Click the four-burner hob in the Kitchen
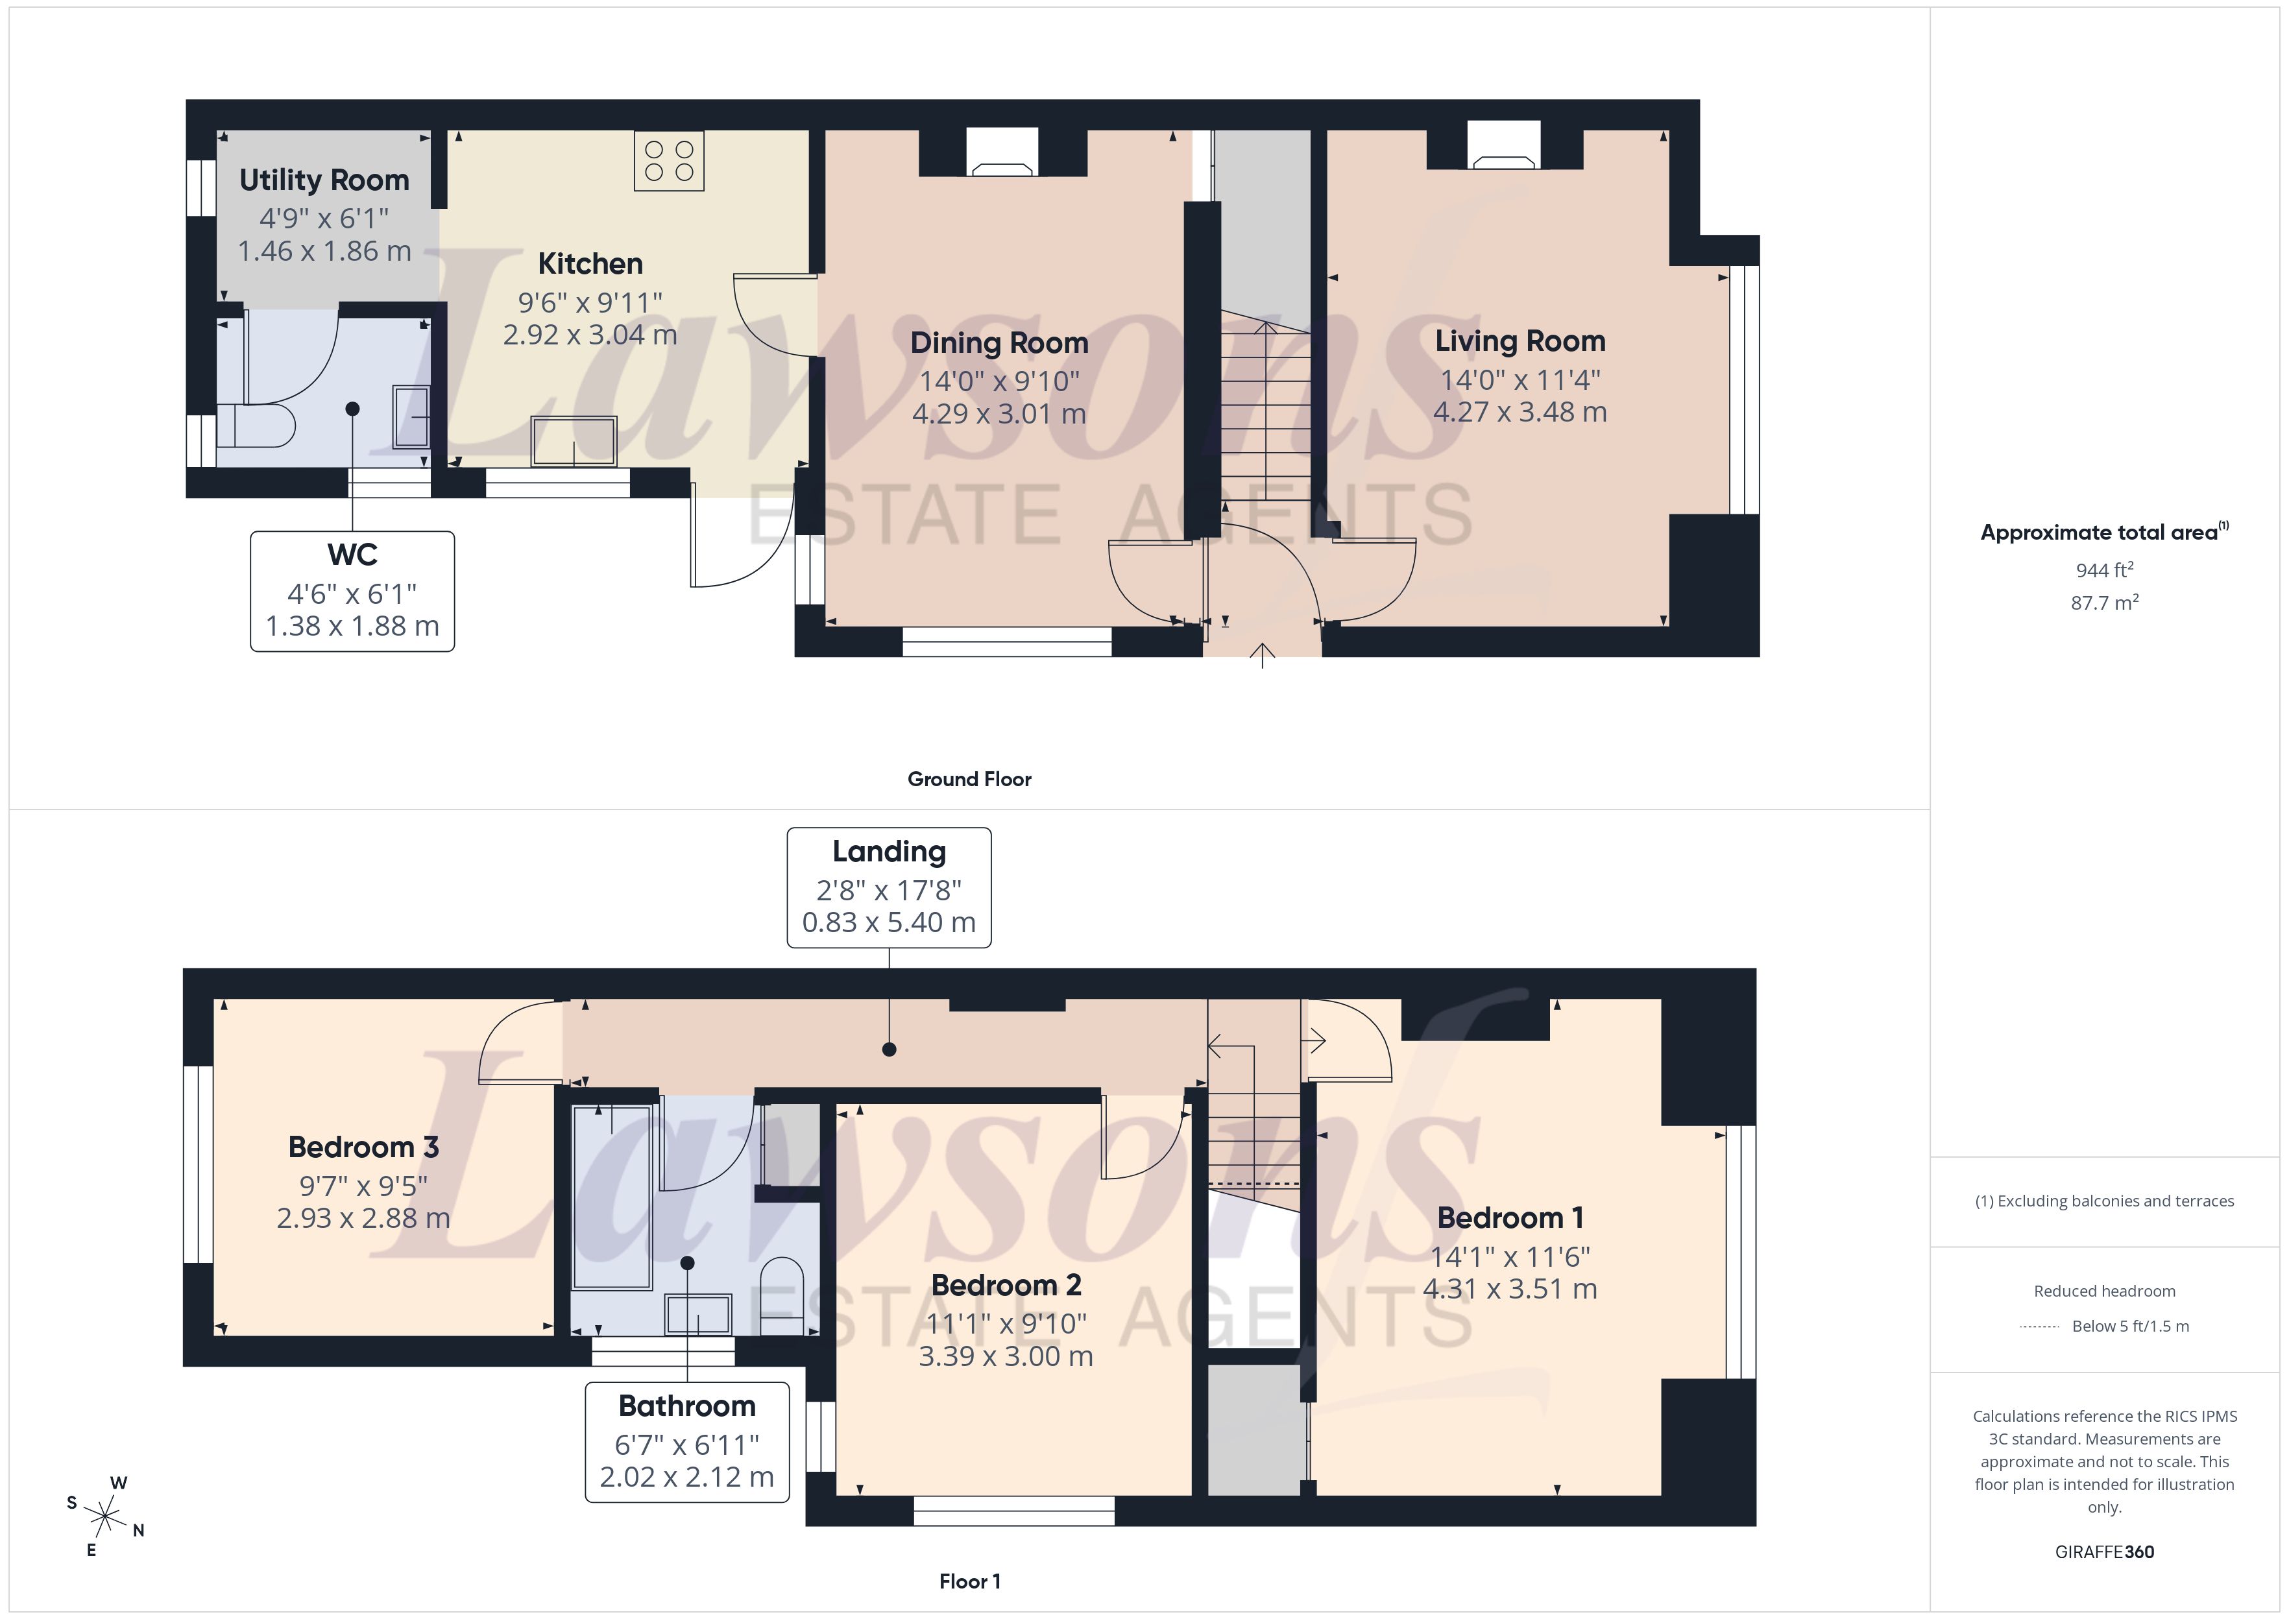(x=669, y=160)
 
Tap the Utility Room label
(x=324, y=180)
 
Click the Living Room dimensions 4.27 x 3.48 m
(x=1520, y=412)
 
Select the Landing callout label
(x=888, y=852)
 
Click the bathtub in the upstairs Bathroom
(x=611, y=1196)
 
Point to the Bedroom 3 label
(x=363, y=1147)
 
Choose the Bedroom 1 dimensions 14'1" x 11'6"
(x=1509, y=1256)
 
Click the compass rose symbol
(x=104, y=1517)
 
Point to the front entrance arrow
(x=1262, y=656)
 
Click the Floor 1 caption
(x=969, y=1581)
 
